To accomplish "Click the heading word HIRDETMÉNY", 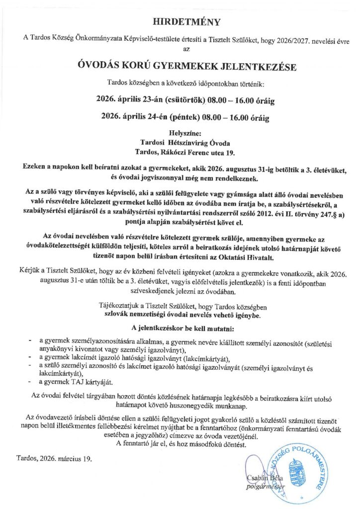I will tap(180, 22).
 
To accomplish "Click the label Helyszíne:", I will tap(180, 134).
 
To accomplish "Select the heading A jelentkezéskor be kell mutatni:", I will tap(180, 329).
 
